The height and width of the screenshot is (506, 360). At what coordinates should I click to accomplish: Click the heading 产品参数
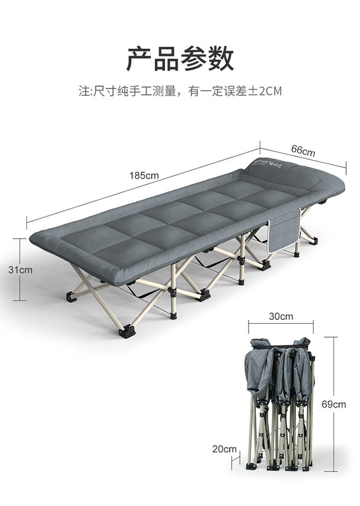pyautogui.click(x=180, y=60)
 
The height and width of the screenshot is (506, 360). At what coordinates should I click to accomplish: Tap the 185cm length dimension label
pyautogui.click(x=144, y=176)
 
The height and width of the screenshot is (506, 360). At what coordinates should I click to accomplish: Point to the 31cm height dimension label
pyautogui.click(x=20, y=270)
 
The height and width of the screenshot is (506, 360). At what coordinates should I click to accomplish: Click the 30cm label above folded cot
pyautogui.click(x=280, y=316)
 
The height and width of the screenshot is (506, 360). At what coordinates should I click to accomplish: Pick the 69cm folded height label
pyautogui.click(x=334, y=404)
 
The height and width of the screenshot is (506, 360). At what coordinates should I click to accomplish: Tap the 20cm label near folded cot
pyautogui.click(x=225, y=449)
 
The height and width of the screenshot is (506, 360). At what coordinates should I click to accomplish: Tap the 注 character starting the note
pyautogui.click(x=83, y=91)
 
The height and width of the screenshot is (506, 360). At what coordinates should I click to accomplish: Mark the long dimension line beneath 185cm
pyautogui.click(x=96, y=197)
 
